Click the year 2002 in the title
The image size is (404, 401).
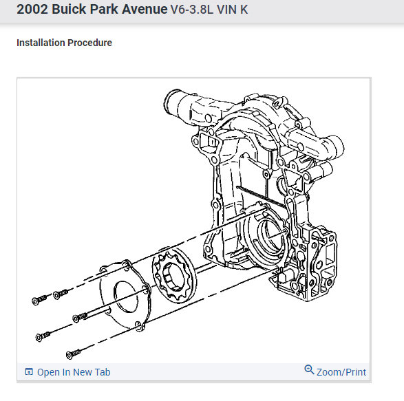32,9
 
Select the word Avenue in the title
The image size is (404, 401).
145,9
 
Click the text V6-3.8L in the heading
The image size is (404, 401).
192,10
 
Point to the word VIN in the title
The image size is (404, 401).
226,10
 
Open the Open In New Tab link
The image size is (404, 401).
74,372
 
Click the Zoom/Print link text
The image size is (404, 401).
341,372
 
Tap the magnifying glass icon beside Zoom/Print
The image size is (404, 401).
309,369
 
